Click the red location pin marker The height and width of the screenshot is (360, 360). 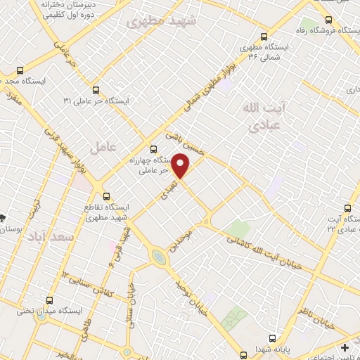tap(181, 166)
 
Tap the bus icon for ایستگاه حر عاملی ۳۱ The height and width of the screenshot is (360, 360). tap(96, 89)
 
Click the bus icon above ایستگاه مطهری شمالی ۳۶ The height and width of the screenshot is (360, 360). tap(264, 37)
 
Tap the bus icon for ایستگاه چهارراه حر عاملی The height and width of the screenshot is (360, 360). tap(154, 148)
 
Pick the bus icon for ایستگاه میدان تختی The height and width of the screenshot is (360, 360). tap(49, 299)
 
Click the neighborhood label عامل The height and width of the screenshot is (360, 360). tap(103, 146)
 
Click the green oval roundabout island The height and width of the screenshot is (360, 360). tap(160, 259)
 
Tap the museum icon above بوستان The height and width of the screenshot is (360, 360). tap(4, 218)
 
